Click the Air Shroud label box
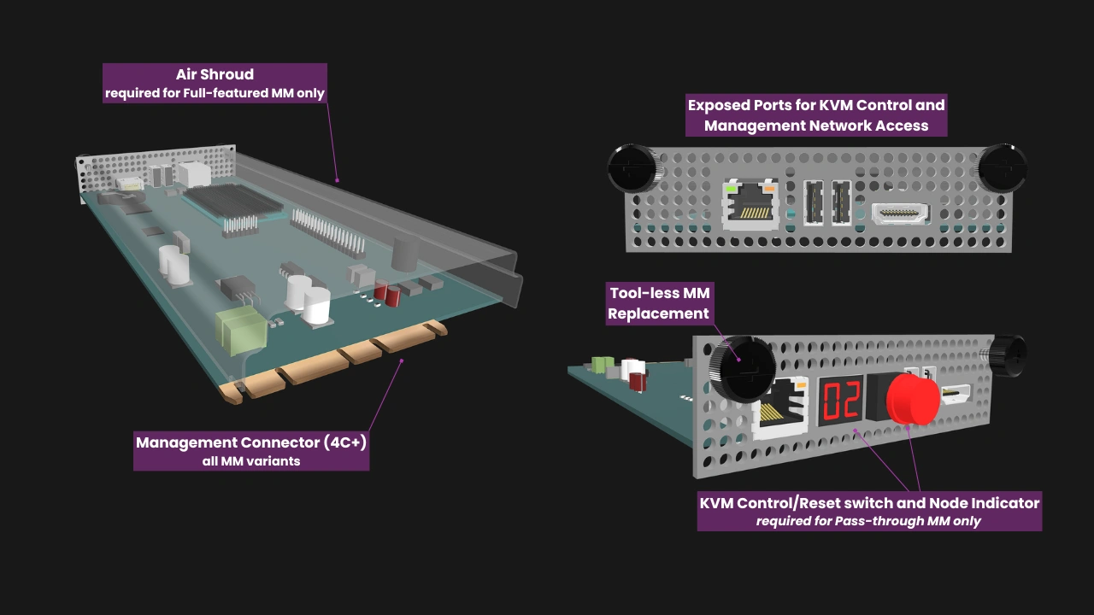(x=215, y=83)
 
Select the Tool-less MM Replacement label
(x=659, y=303)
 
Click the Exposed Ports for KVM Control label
(x=816, y=114)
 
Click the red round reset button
(x=912, y=398)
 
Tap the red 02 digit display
(x=840, y=400)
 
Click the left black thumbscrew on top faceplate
(x=633, y=168)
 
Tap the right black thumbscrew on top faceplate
(x=1001, y=167)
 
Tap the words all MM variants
(x=251, y=461)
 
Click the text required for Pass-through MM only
(x=869, y=521)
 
